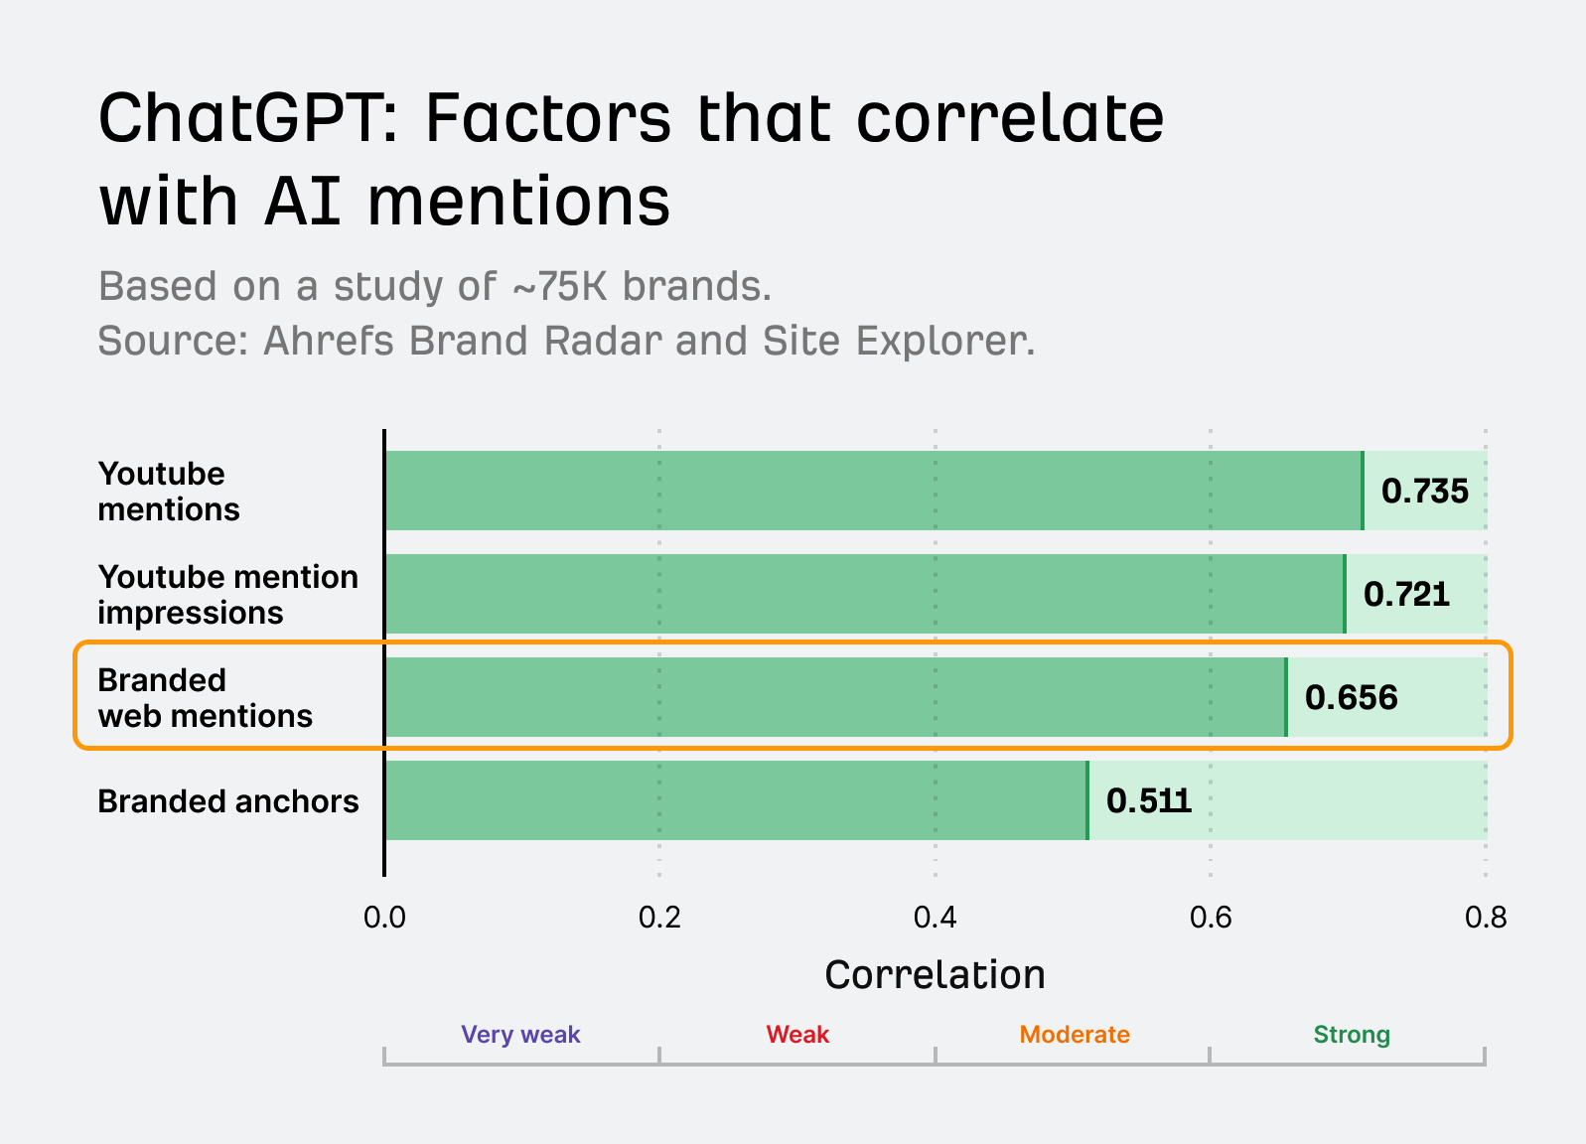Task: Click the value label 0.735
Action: [1424, 491]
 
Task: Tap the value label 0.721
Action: [1405, 594]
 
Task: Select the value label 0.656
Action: [1351, 697]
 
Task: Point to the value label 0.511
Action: [1148, 800]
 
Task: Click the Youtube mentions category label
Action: [168, 492]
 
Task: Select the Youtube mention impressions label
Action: [227, 595]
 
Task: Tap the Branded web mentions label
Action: [205, 698]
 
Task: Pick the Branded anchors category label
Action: [227, 801]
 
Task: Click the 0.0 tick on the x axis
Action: [384, 918]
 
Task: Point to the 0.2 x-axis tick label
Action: [659, 918]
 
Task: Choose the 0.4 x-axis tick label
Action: [935, 918]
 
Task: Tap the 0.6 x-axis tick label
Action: [1211, 918]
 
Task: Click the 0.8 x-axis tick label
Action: [1485, 918]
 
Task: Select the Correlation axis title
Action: [935, 975]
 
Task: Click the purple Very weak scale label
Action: [520, 1035]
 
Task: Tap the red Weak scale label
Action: [797, 1035]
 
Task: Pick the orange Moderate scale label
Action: [1075, 1035]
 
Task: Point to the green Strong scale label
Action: [1351, 1035]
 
